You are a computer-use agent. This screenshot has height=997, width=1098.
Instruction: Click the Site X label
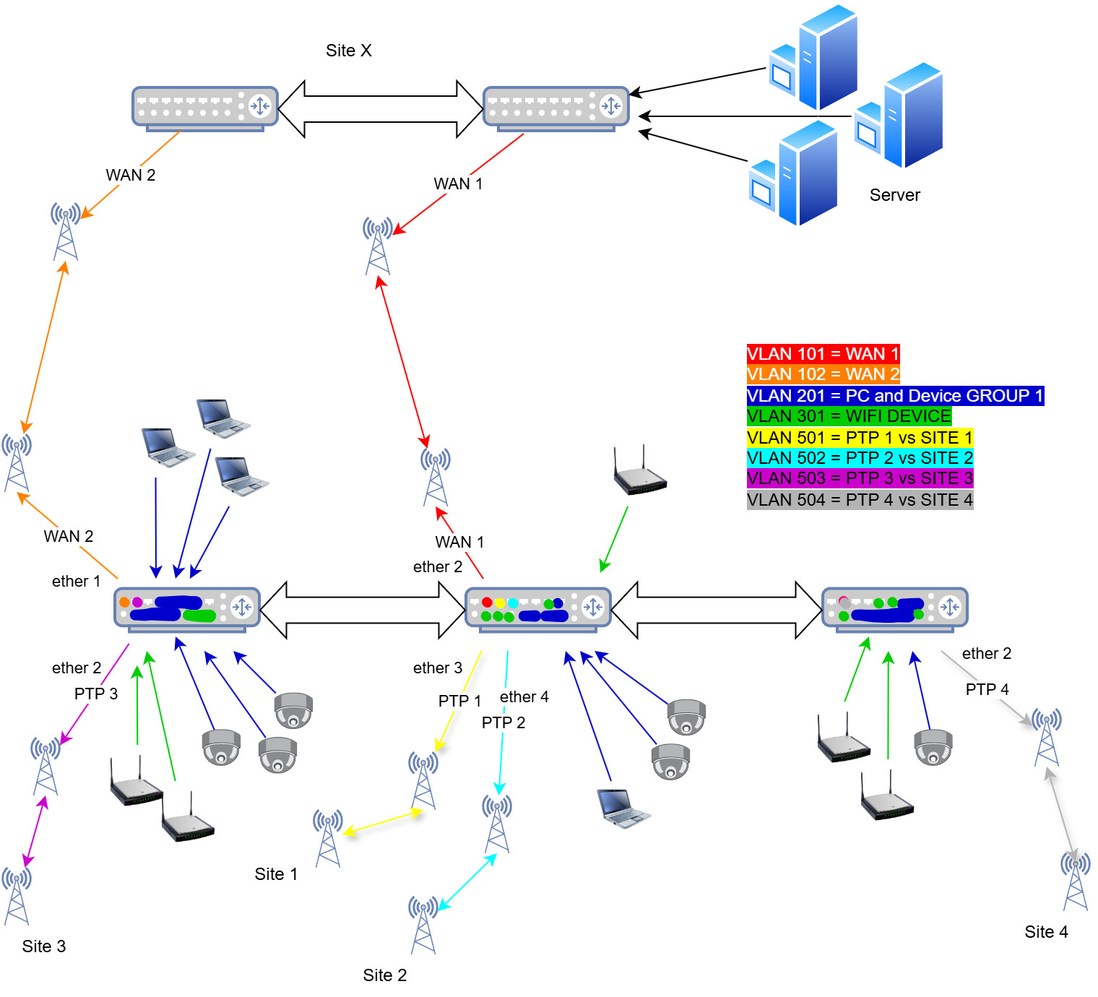tap(348, 51)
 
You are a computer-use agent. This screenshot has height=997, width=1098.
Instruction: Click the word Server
tap(894, 195)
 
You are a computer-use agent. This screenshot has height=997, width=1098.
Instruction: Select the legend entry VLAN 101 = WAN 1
tap(823, 354)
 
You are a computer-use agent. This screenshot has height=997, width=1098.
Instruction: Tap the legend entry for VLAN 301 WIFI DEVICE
tap(849, 416)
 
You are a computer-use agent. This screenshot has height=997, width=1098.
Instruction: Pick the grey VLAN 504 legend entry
tap(860, 500)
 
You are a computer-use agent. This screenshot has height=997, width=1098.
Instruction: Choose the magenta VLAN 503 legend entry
tap(860, 478)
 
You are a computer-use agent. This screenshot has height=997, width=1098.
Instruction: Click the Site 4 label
tap(1046, 932)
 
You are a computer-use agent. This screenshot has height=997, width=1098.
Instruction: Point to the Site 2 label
tap(384, 975)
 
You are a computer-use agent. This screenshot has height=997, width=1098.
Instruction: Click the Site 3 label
tap(43, 946)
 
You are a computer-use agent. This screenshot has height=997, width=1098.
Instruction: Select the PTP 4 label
tap(987, 689)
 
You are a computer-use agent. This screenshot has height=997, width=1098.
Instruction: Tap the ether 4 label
tap(524, 696)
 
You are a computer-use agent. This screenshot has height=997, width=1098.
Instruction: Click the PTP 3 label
tap(95, 694)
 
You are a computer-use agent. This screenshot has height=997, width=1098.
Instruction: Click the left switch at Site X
tap(204, 108)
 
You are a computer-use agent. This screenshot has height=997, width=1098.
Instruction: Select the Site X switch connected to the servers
tap(556, 108)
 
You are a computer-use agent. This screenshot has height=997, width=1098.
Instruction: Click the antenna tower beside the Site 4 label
tap(1075, 881)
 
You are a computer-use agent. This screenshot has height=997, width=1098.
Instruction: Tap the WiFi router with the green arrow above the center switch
tap(639, 473)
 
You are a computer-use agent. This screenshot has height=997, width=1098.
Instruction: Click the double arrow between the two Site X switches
tap(380, 109)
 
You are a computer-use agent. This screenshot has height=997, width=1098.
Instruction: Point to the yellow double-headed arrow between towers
tap(383, 822)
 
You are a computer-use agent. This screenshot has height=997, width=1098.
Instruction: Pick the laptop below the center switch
tap(623, 808)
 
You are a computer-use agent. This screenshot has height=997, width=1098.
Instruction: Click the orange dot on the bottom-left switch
tap(124, 602)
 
